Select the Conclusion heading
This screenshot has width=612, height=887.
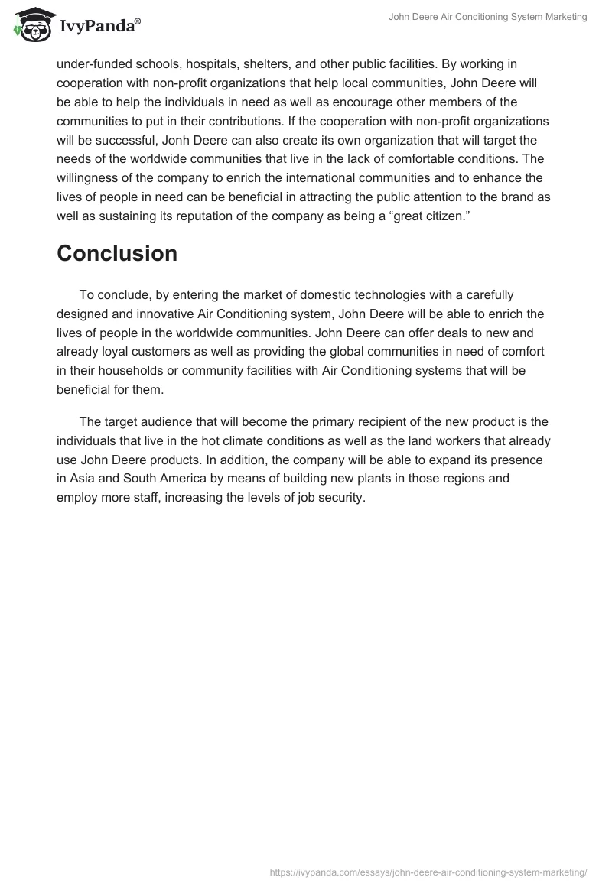click(x=117, y=253)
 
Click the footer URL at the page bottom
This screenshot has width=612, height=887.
click(x=429, y=871)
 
